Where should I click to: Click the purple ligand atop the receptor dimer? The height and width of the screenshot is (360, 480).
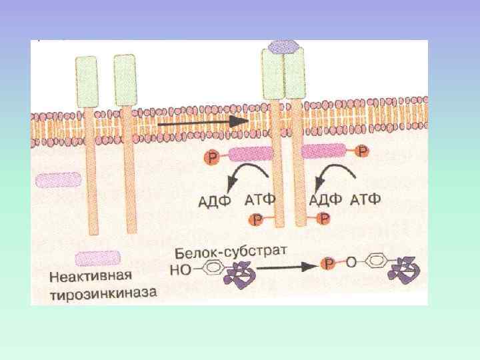283,47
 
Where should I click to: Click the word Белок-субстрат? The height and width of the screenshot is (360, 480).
231,253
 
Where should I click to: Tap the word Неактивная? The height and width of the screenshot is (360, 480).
91,275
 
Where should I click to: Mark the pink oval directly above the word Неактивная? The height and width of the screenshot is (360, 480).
97,257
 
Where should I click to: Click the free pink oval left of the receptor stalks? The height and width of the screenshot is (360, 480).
59,179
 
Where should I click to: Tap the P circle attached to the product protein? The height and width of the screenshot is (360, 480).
329,264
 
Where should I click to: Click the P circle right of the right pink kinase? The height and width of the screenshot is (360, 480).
361,152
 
